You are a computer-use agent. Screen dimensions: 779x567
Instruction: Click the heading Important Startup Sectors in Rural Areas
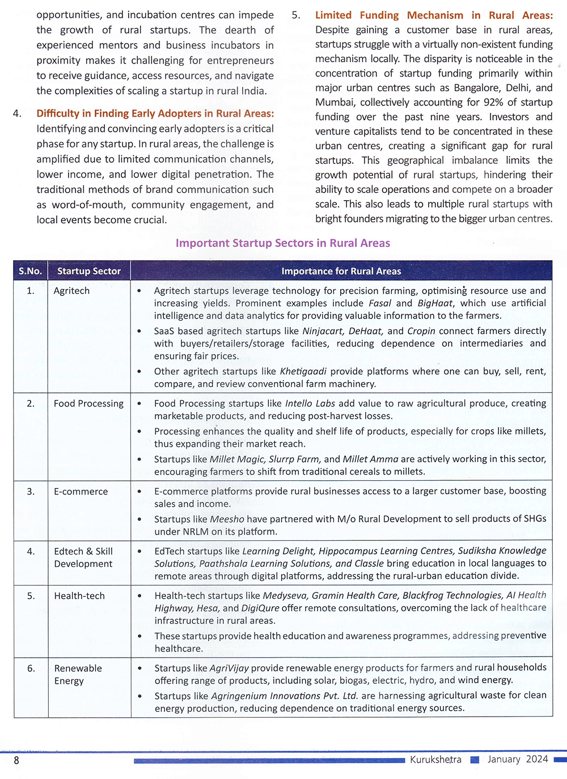pos(282,243)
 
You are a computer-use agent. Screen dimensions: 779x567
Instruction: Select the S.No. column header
pos(30,271)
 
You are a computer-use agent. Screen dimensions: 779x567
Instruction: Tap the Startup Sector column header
pos(88,271)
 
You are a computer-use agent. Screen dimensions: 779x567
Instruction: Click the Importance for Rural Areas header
pos(341,271)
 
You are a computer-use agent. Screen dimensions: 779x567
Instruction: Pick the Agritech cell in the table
pos(71,291)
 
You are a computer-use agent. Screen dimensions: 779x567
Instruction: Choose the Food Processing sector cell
pos(88,404)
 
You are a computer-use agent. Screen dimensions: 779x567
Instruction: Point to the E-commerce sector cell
pos(81,492)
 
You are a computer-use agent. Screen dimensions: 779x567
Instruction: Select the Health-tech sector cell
pos(79,596)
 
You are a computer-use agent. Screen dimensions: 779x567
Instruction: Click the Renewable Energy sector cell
pos(78,674)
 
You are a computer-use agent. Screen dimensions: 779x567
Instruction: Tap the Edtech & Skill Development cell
pos(83,557)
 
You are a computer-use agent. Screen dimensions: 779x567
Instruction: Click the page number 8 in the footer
pos(16,760)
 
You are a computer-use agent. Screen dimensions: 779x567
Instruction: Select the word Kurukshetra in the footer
pos(435,759)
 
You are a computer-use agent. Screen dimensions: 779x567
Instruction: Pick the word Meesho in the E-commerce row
pos(227,519)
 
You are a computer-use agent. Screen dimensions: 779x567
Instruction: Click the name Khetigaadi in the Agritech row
pos(303,371)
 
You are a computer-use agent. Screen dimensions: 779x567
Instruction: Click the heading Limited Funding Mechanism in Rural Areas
pos(434,15)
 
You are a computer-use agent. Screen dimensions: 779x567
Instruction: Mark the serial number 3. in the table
pos(31,492)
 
